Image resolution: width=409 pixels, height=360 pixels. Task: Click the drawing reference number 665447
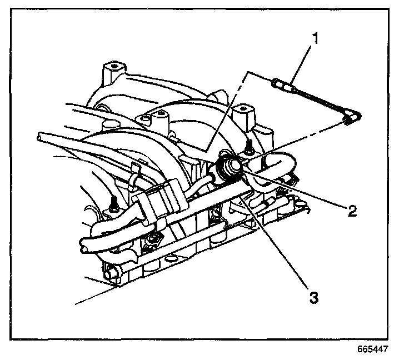pyautogui.click(x=371, y=349)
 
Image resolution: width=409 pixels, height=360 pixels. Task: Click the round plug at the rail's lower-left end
pyautogui.click(x=109, y=272)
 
